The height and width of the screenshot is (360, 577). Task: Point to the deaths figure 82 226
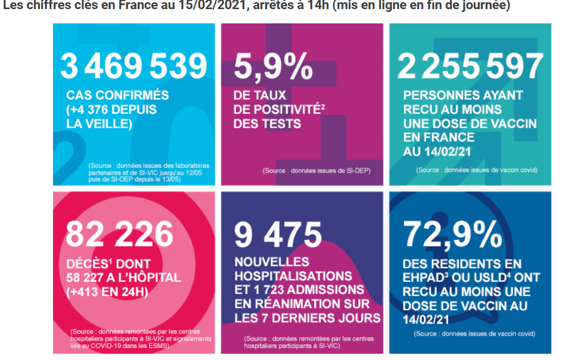[120, 234]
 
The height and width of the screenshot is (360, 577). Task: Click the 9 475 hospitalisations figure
[278, 234]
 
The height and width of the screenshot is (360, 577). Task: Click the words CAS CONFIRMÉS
[117, 95]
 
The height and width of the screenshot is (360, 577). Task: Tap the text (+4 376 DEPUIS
[112, 109]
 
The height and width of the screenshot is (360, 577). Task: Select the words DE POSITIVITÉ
[276, 109]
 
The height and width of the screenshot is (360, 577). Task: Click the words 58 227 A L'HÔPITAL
[124, 278]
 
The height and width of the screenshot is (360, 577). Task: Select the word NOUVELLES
[272, 262]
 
